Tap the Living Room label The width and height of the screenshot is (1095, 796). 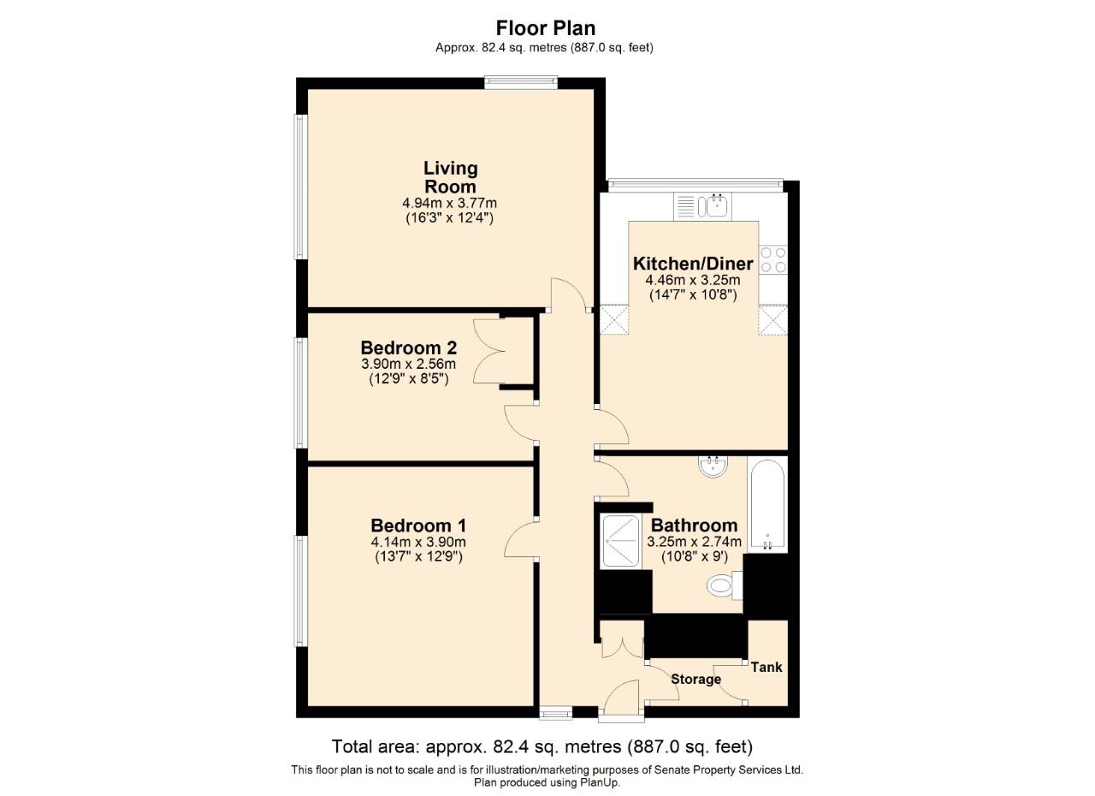coord(450,177)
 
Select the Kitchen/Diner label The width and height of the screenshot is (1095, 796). coord(692,263)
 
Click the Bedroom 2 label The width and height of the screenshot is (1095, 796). coord(408,348)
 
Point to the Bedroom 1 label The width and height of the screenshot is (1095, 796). coord(417,526)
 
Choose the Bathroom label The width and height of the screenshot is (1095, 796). coord(694,526)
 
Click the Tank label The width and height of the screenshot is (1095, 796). coord(766,667)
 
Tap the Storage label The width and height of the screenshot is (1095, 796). coord(695,680)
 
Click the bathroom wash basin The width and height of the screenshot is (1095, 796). coord(713,466)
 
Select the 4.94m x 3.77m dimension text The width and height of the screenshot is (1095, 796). coord(449,204)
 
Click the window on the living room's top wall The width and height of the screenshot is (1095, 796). coord(521,82)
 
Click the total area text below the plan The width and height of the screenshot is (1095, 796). coord(542,746)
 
